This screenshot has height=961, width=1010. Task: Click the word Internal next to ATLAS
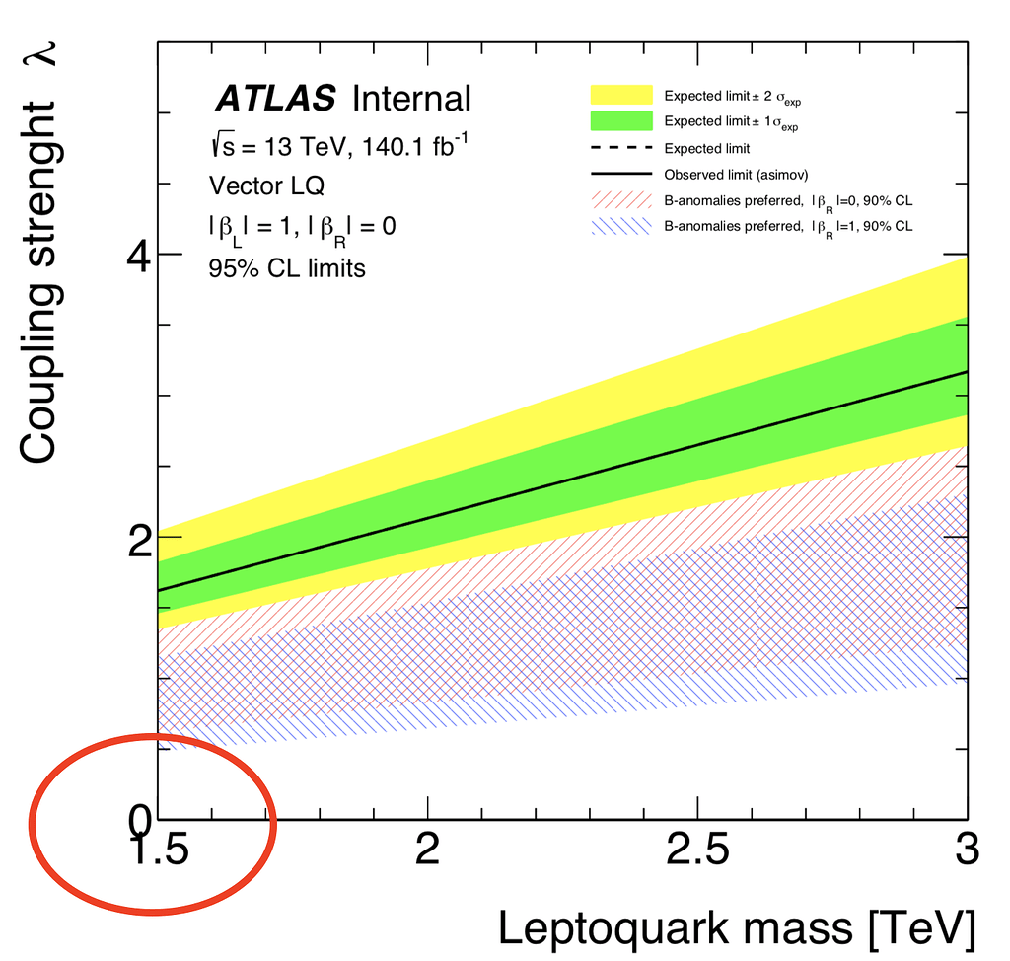pos(411,99)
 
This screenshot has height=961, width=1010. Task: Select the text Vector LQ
pos(265,185)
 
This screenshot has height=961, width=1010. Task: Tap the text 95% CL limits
pos(286,267)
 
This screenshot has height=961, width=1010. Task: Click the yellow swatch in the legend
pos(621,95)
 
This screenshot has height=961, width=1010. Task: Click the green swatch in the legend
pos(621,121)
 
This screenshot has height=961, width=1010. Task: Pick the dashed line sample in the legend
pos(621,148)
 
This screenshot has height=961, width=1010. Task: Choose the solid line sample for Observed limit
pos(621,174)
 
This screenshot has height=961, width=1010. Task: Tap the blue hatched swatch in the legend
pos(621,226)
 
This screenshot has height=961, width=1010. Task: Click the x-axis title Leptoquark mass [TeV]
pos(737,928)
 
